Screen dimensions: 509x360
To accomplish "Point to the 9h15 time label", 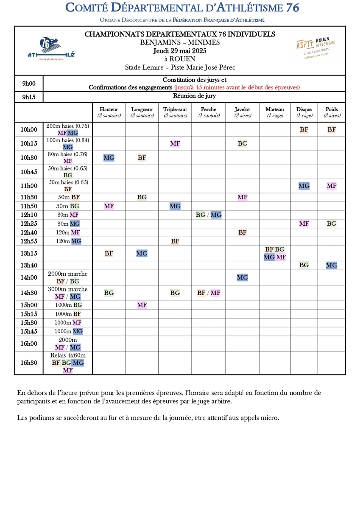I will (29, 97).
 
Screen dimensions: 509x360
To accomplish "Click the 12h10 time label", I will (29, 215).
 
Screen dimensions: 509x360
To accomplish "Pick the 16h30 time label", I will (29, 363).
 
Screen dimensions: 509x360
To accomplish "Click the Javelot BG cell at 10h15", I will (242, 143).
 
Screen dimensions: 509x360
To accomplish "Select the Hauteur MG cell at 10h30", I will (109, 158).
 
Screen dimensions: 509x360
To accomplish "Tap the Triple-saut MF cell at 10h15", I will (175, 143).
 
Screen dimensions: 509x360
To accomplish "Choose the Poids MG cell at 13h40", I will (332, 265).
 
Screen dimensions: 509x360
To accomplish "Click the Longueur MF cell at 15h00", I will (142, 305).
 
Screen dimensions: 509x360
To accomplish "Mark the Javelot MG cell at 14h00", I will (242, 277).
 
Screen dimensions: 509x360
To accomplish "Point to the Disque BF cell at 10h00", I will (304, 129).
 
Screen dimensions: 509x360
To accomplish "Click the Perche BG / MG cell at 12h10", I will (209, 215).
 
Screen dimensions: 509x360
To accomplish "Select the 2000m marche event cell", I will (68, 277).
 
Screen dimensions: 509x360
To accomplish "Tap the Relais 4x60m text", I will (68, 355).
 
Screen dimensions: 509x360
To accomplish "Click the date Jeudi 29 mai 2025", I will (180, 50).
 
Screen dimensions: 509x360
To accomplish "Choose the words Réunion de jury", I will (194, 96).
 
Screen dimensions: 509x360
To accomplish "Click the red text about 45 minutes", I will (237, 87).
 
